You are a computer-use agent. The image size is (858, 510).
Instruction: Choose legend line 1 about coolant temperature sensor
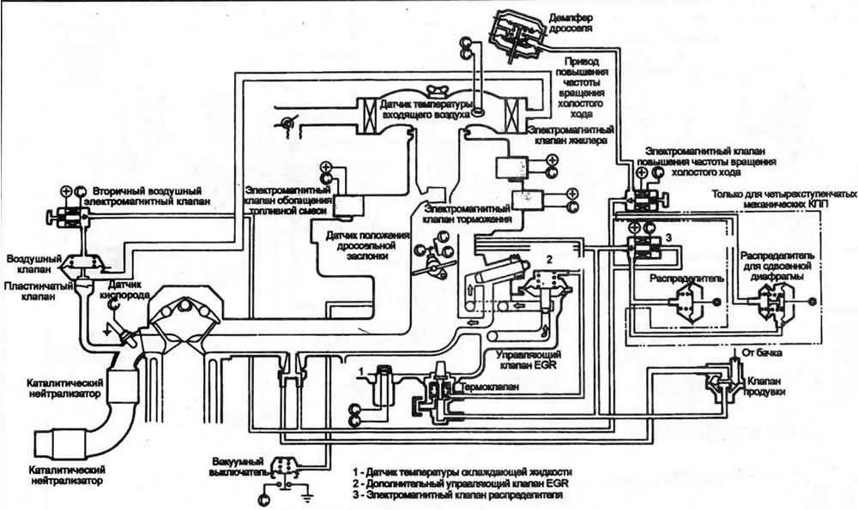(463, 471)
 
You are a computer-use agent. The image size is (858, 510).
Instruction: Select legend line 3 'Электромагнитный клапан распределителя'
(458, 495)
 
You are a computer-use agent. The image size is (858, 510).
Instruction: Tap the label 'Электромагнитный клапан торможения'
(468, 214)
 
